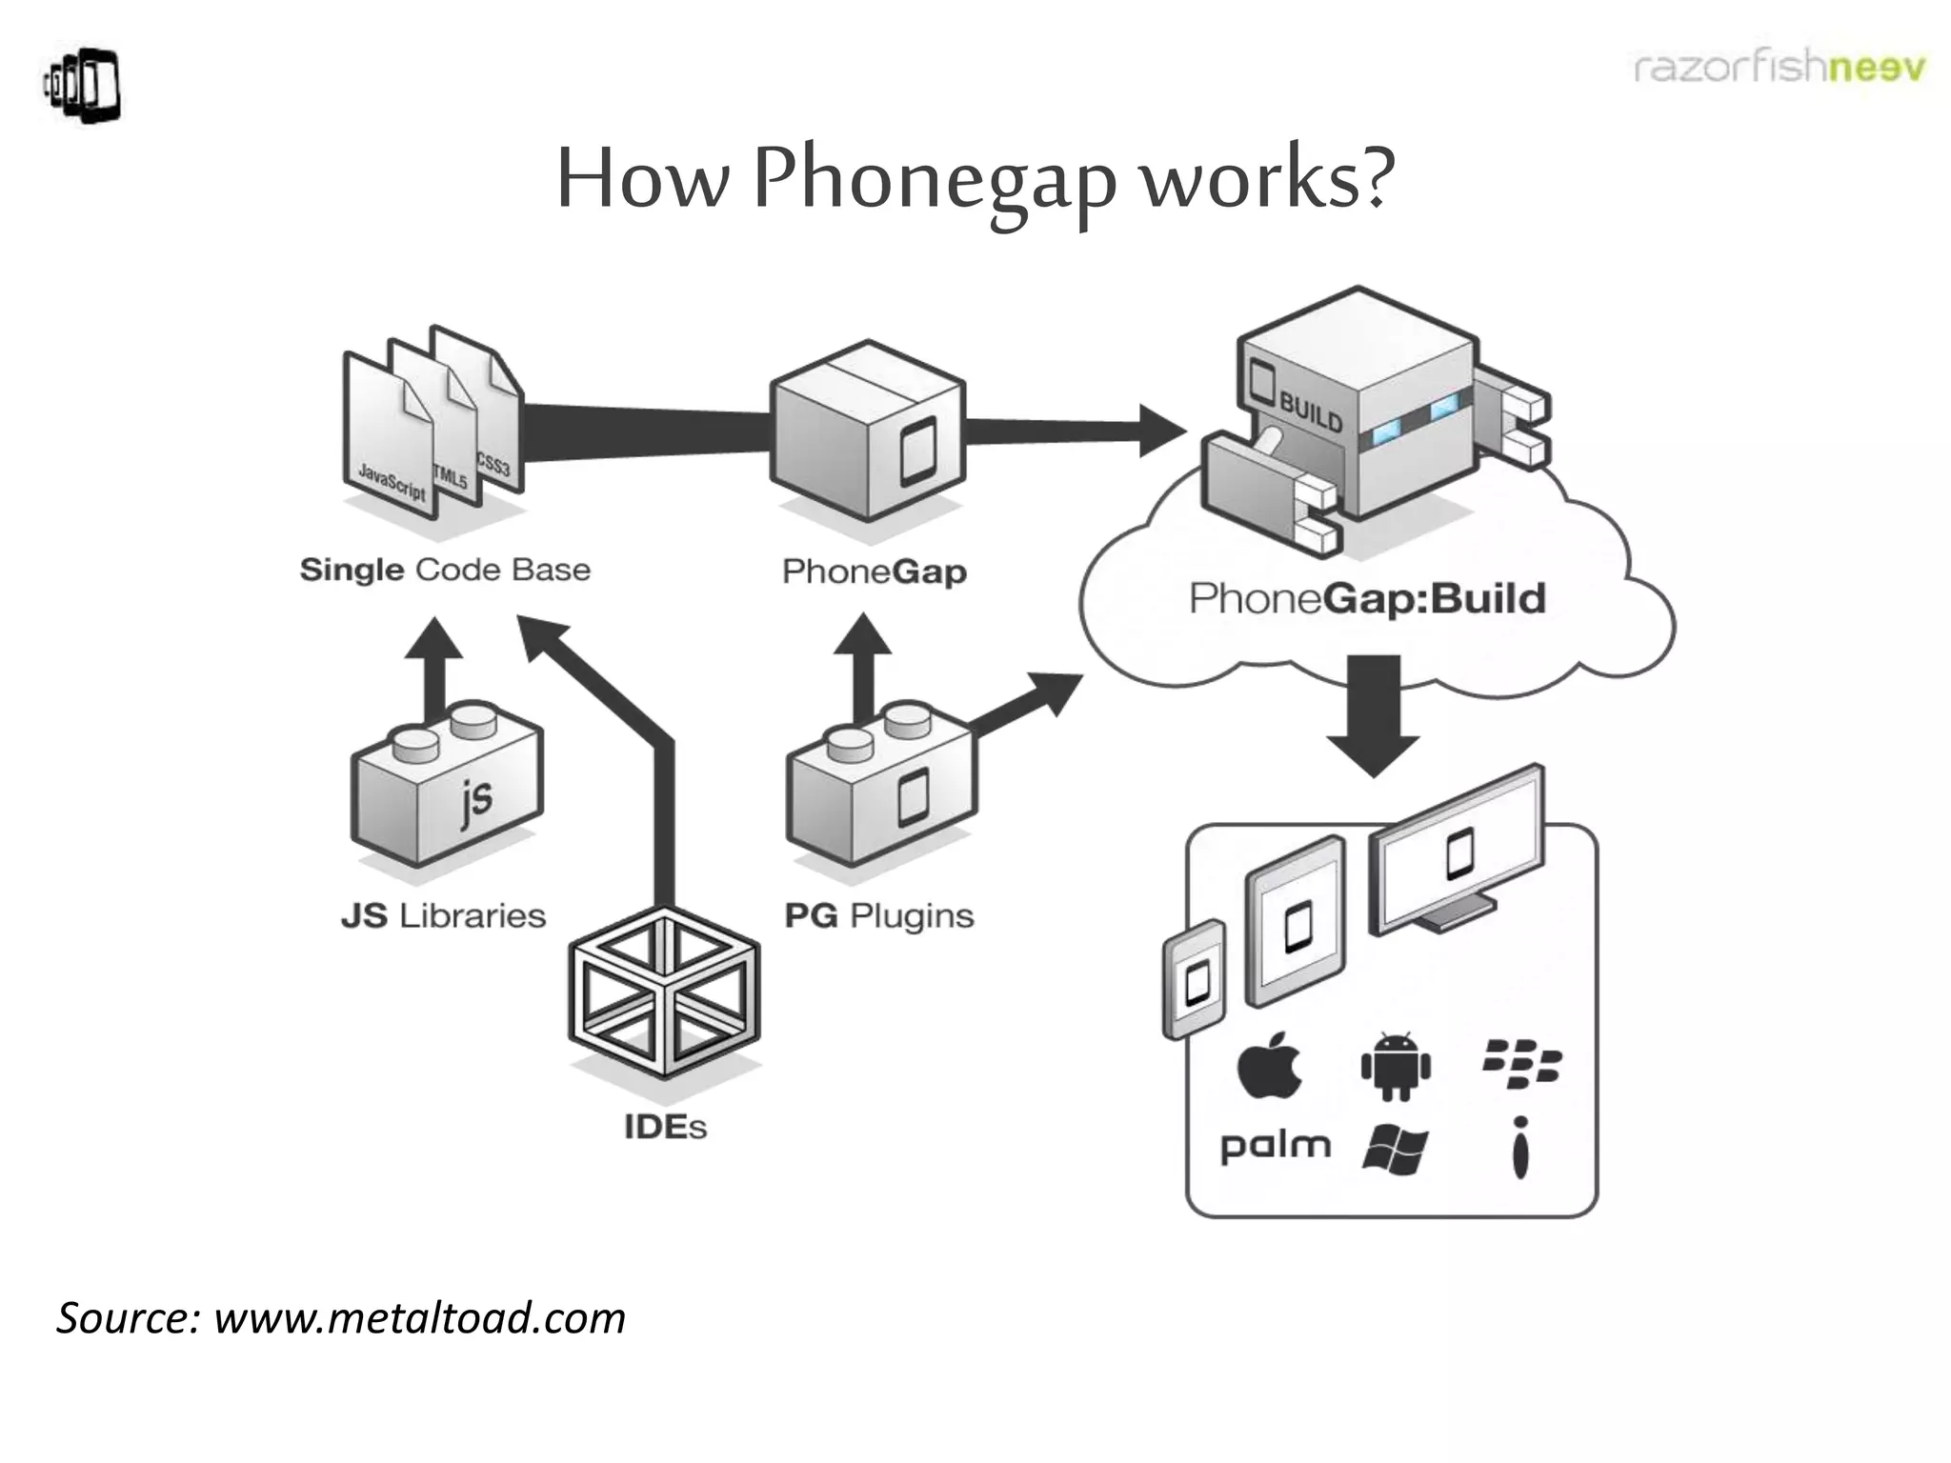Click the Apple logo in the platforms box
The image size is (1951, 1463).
click(x=1270, y=1067)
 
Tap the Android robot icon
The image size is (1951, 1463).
click(x=1396, y=1067)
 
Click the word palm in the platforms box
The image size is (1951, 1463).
click(x=1276, y=1146)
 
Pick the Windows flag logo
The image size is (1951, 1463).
click(x=1396, y=1150)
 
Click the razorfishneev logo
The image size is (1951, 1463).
click(x=1779, y=69)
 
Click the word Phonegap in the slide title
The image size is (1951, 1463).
click(x=934, y=181)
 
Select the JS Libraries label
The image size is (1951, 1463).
click(x=443, y=916)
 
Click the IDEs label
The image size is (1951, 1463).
click(x=665, y=1128)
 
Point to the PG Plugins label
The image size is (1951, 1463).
click(x=878, y=916)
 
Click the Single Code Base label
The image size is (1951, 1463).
click(x=445, y=571)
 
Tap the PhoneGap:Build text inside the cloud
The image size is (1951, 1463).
click(x=1367, y=599)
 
